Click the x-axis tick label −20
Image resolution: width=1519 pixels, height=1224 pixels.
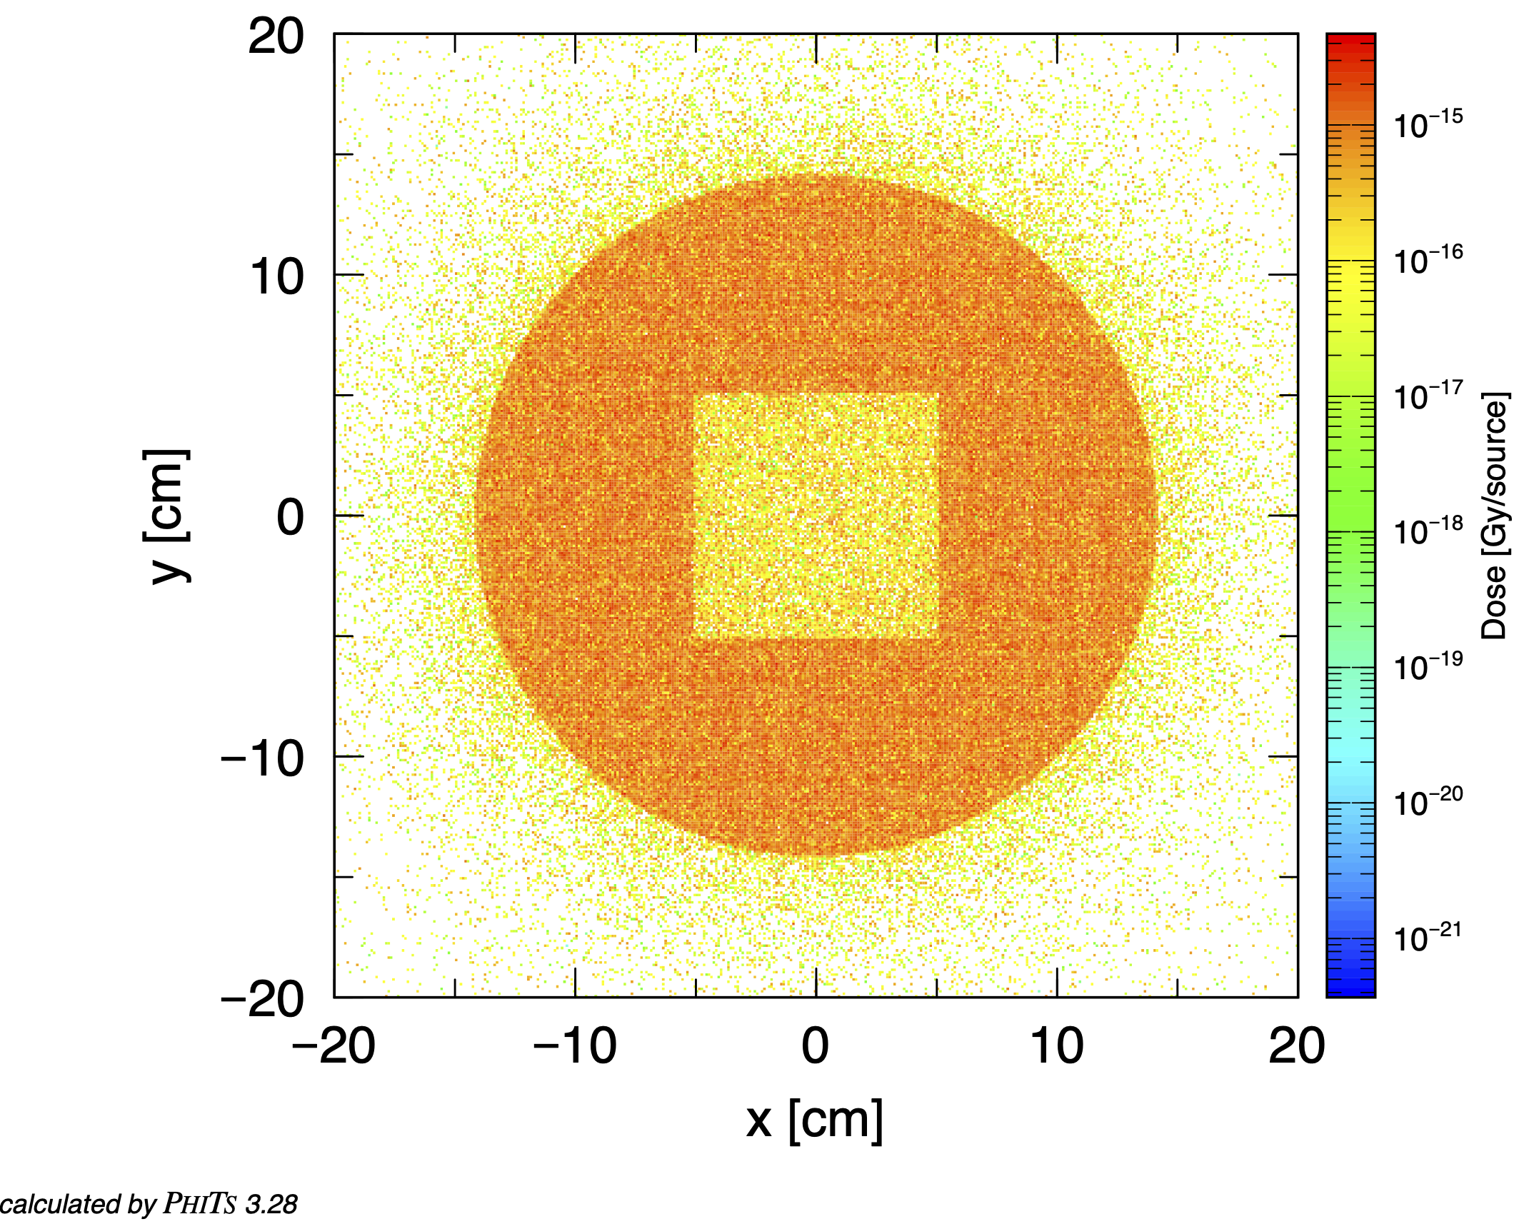[x=334, y=1047]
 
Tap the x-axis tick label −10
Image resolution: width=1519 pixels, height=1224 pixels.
[x=575, y=1047]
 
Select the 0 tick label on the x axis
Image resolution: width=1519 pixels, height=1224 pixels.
[x=815, y=1047]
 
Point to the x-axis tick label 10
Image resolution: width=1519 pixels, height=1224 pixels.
[x=1056, y=1047]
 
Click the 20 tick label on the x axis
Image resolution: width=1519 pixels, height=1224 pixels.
[x=1296, y=1047]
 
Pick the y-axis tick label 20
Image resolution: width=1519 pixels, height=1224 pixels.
[x=276, y=36]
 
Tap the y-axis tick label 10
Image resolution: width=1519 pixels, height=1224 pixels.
[x=277, y=277]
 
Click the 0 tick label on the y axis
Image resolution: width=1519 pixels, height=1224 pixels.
[x=290, y=517]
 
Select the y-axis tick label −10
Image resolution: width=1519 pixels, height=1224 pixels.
[x=262, y=758]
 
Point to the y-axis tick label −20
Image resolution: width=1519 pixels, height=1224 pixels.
[x=262, y=999]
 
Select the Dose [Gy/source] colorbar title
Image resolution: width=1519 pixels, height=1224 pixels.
[x=1495, y=516]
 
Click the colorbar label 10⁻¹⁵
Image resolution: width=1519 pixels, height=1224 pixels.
[x=1428, y=124]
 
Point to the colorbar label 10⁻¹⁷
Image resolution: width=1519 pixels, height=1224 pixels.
[x=1428, y=396]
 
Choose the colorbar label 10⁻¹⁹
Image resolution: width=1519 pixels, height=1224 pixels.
[x=1428, y=667]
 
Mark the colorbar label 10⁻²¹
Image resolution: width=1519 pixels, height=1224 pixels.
[x=1428, y=938]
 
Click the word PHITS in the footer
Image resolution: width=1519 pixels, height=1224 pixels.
[x=200, y=1204]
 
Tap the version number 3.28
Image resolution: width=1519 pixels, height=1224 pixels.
[x=271, y=1205]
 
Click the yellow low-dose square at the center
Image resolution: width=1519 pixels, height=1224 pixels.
[x=816, y=515]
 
